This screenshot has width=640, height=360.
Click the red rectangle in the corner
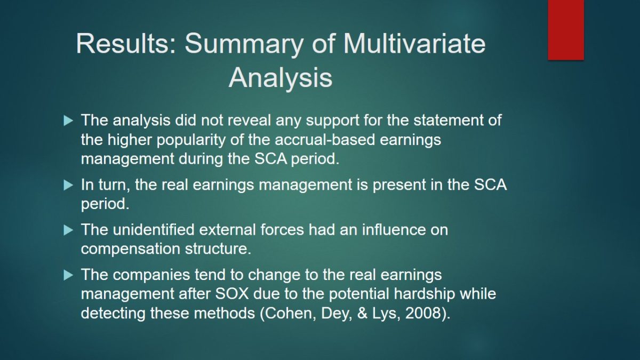point(566,30)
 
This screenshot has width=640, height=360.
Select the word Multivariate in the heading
point(414,43)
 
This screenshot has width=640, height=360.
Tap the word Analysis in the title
point(281,78)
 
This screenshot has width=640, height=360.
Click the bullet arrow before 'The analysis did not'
point(68,121)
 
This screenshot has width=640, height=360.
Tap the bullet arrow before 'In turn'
point(68,185)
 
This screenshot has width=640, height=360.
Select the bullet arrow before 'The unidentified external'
point(68,230)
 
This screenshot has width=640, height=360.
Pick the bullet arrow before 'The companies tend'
point(68,275)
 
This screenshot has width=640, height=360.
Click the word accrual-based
point(325,139)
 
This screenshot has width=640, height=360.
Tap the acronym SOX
point(232,294)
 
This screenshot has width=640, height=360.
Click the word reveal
point(249,120)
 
